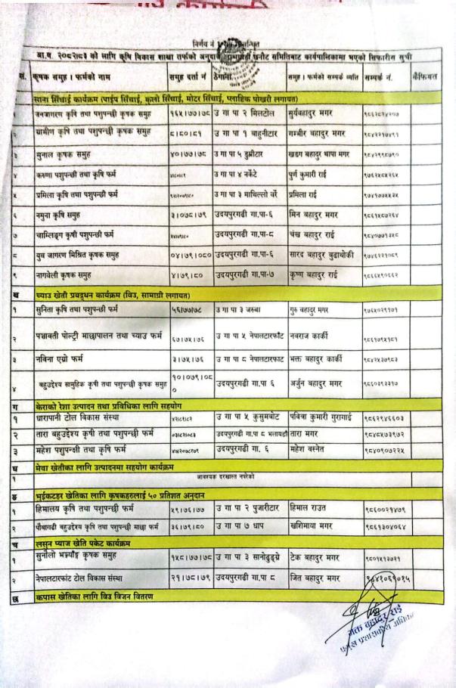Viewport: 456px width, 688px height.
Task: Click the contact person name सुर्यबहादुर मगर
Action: click(317, 113)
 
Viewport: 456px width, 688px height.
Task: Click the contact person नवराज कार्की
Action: click(312, 333)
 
